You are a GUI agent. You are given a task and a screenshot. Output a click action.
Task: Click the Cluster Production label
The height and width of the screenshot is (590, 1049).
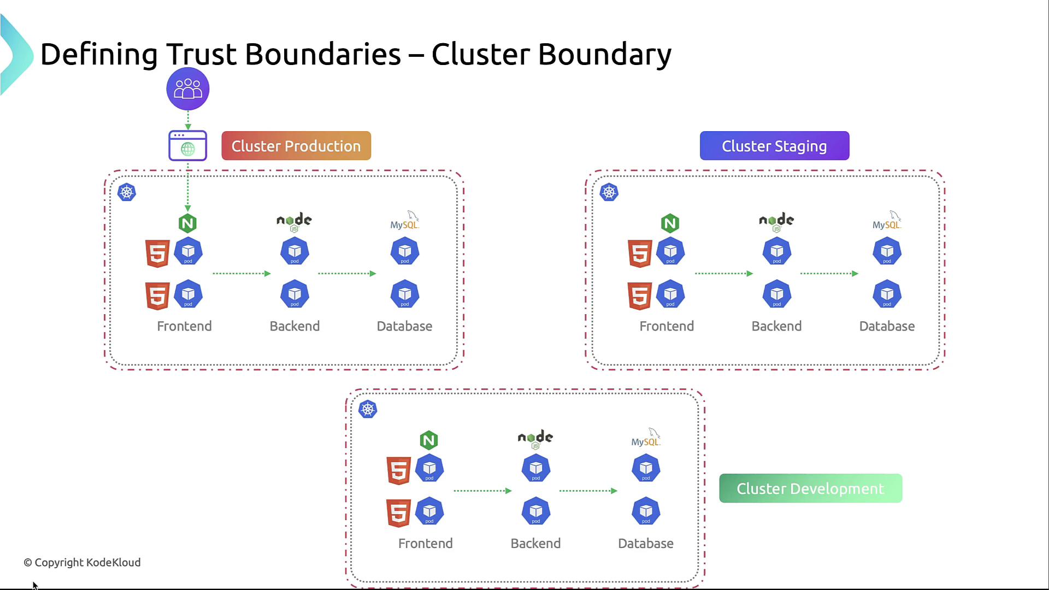[x=296, y=146]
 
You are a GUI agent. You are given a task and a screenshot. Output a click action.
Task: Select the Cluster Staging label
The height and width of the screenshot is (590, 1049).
[x=774, y=146]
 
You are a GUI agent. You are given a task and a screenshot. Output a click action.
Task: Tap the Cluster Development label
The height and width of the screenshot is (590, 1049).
[x=810, y=488]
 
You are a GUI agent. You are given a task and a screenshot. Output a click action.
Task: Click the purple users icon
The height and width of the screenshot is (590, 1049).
[x=188, y=88]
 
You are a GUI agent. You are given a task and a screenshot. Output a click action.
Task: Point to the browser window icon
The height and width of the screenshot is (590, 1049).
[x=187, y=146]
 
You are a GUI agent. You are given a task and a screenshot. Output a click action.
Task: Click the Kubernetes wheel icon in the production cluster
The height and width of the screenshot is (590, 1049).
[x=127, y=192]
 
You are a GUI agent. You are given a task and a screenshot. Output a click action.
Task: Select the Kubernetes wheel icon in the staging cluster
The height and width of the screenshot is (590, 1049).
[x=609, y=192]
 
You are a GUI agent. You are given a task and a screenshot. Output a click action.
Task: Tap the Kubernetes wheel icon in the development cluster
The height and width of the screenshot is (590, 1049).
[x=368, y=409]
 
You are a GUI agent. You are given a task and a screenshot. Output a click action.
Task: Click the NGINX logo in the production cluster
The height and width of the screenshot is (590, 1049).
[x=187, y=223]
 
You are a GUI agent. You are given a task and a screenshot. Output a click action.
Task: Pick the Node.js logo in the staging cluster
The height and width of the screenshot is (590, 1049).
[x=776, y=221]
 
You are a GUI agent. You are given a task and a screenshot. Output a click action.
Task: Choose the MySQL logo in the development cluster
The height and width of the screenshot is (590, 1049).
[x=646, y=438]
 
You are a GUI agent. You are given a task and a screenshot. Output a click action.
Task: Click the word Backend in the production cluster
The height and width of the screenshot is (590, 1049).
[x=294, y=326]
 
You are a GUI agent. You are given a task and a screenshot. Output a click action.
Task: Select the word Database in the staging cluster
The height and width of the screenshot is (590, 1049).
[x=887, y=326]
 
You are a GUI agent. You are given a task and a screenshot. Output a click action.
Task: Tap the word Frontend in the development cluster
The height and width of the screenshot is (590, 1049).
[x=425, y=544]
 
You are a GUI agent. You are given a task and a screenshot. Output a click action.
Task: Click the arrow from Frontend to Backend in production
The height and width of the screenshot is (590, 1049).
[x=241, y=273]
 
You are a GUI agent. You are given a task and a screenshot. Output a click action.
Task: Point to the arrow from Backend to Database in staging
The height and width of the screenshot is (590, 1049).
[x=829, y=273]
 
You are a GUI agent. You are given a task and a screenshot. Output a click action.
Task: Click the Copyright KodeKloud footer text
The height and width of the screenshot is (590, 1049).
[x=82, y=563]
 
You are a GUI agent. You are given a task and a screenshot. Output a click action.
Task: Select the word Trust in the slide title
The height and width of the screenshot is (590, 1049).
[x=201, y=55]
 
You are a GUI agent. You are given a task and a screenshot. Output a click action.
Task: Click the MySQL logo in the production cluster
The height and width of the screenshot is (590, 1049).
[x=404, y=221]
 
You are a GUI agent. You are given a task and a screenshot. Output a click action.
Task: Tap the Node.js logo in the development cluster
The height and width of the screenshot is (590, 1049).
[x=535, y=438]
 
